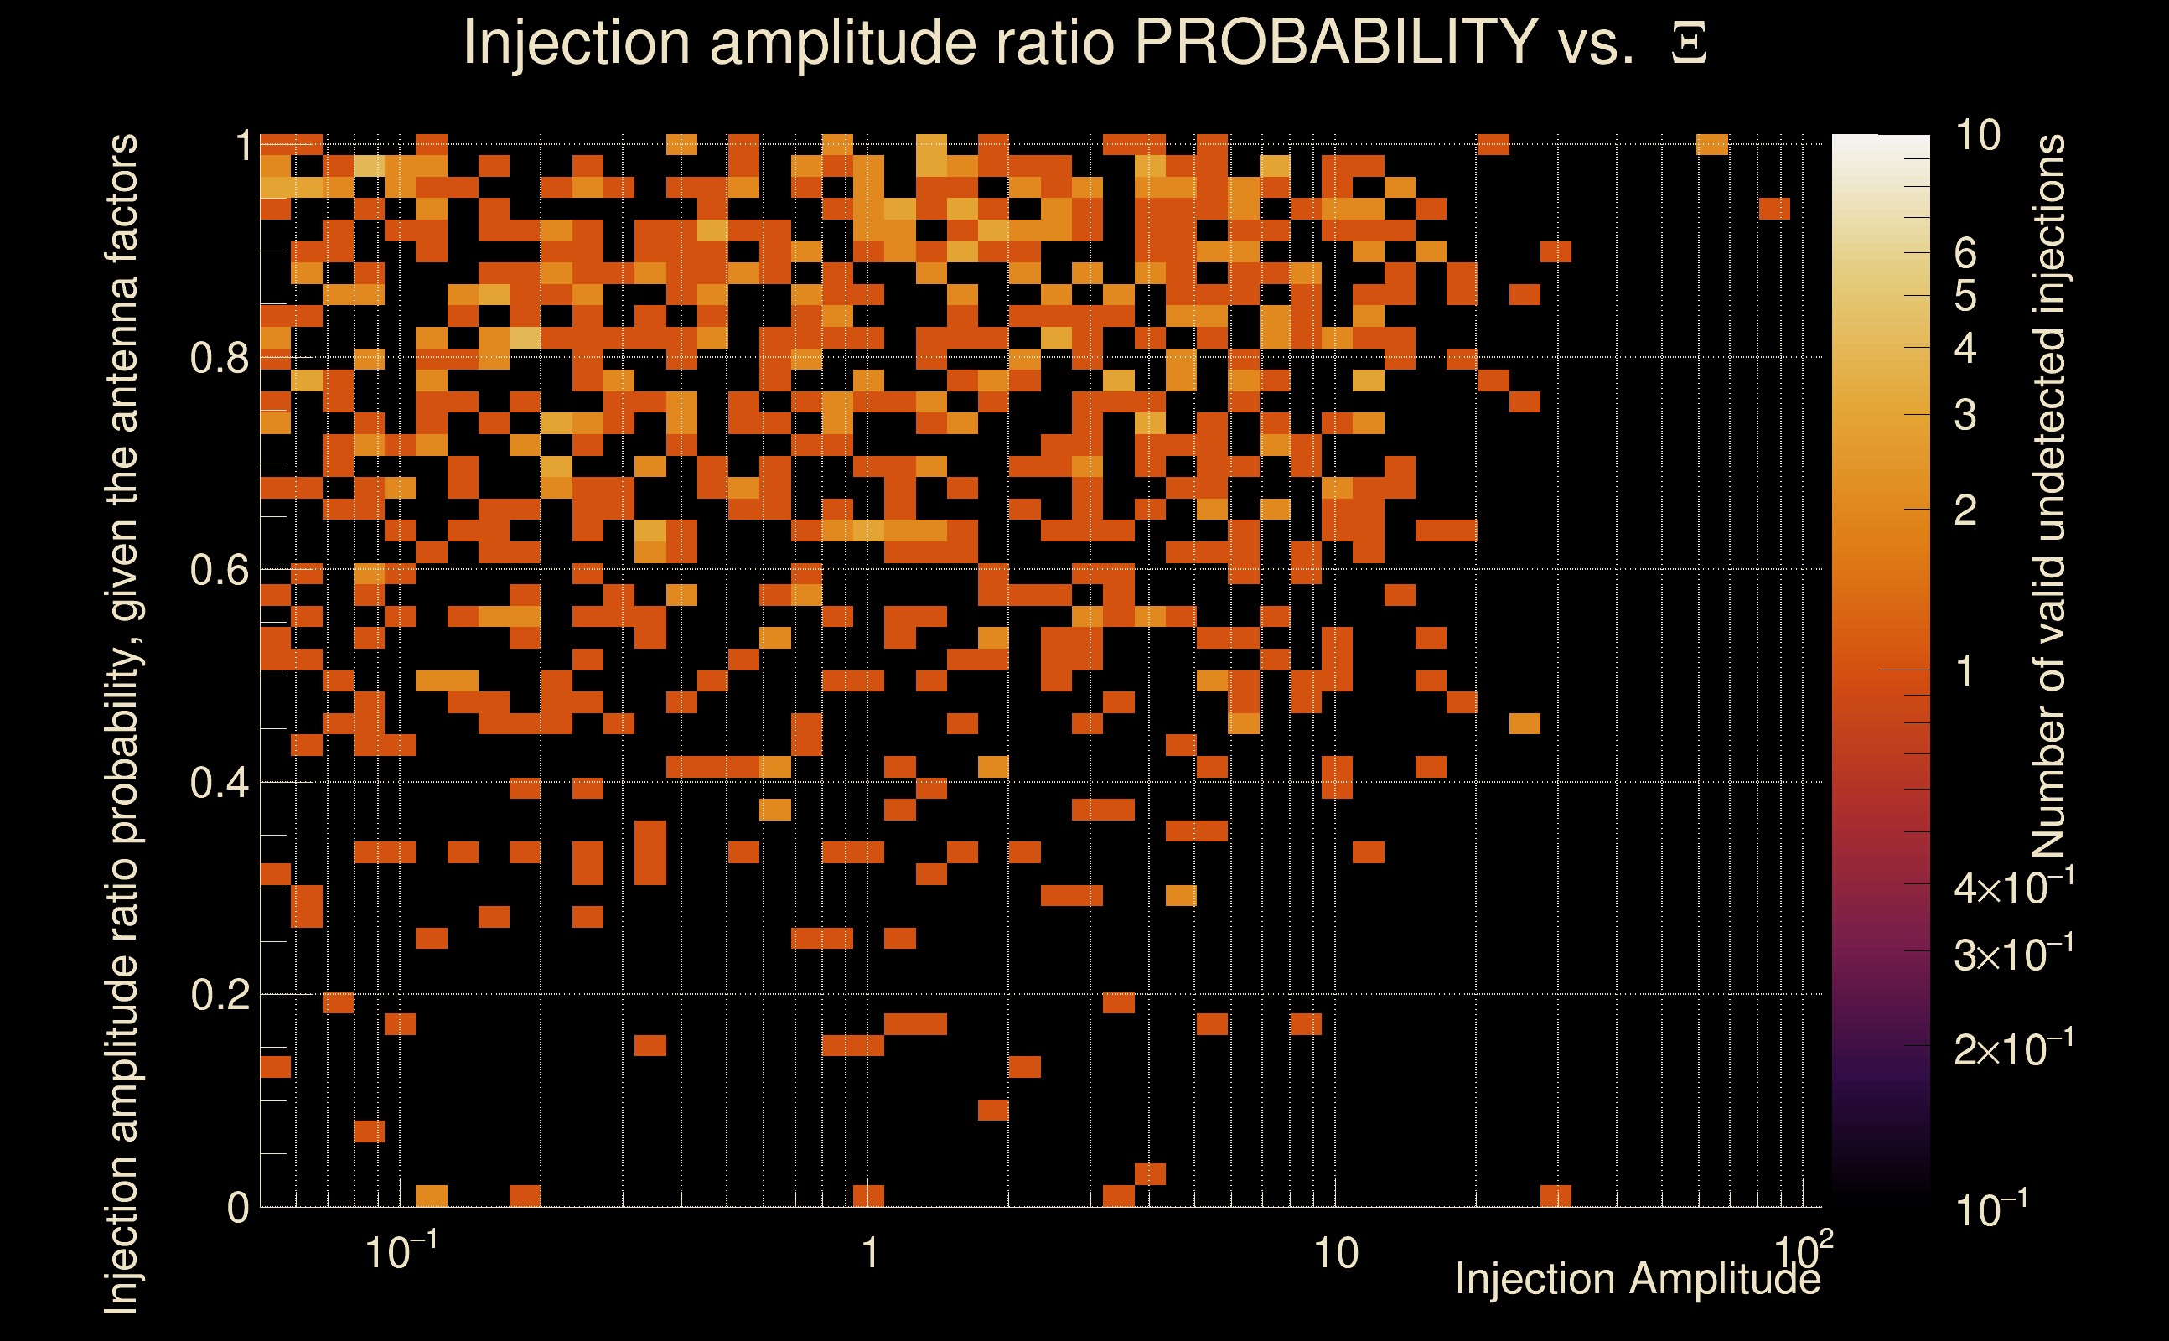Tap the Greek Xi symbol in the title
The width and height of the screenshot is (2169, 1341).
tap(1689, 44)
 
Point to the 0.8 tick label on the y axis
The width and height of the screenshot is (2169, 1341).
tap(220, 359)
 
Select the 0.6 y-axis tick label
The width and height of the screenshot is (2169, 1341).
tap(220, 570)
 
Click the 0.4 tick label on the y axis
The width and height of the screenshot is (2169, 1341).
tap(220, 783)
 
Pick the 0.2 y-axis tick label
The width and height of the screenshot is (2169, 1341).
tap(220, 995)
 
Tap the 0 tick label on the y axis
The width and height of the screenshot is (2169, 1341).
tap(238, 1208)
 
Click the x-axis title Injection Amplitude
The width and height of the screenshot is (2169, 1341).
tap(1638, 1280)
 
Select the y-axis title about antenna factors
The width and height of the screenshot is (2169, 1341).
tap(122, 722)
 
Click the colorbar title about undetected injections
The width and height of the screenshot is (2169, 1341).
tap(2048, 497)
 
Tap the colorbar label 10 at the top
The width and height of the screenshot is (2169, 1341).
tap(1977, 136)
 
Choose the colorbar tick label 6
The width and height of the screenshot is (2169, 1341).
tap(1965, 254)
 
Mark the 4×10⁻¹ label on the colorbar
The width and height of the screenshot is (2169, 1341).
tap(2014, 887)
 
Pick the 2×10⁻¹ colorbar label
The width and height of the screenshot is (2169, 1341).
tap(2014, 1049)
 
